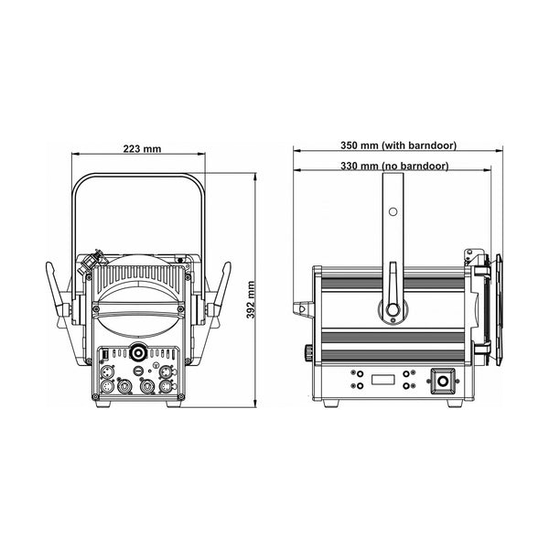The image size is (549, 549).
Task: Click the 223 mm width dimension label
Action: point(136,150)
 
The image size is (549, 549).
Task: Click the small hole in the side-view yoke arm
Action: point(393,211)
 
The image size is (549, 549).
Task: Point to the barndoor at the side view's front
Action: point(490,302)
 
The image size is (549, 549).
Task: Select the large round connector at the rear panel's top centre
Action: point(137,351)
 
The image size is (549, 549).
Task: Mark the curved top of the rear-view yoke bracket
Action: point(137,176)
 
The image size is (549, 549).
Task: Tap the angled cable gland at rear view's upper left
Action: point(92,263)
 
